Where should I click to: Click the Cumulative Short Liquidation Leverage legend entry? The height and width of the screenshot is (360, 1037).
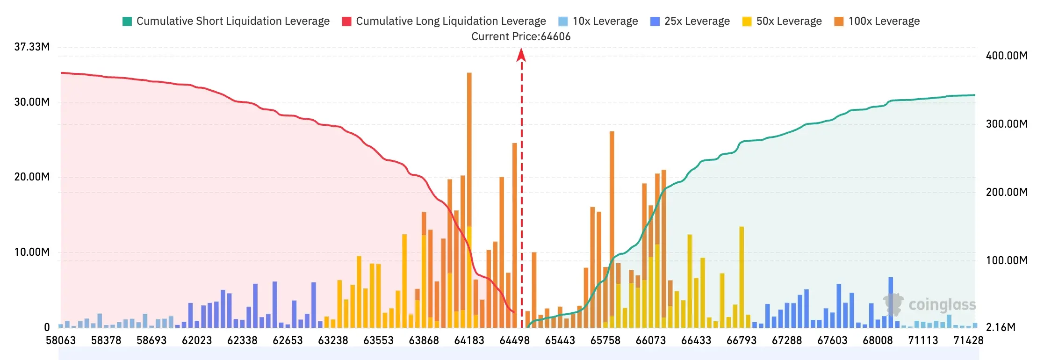(226, 21)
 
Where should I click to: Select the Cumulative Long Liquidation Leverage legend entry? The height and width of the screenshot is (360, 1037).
(444, 21)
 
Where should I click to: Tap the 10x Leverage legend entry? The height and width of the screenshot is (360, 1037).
(598, 21)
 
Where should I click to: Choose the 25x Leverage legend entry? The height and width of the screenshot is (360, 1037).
(690, 21)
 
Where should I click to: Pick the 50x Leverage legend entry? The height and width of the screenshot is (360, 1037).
(782, 21)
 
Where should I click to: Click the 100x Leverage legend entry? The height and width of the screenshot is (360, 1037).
(877, 21)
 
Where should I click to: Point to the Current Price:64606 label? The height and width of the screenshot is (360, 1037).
(521, 36)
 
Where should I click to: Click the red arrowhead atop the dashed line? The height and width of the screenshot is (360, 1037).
(521, 55)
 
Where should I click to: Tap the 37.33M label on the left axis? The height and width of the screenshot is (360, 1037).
(32, 47)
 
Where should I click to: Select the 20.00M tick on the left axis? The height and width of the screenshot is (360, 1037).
(32, 177)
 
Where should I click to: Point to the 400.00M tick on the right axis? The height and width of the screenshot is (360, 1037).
(1007, 56)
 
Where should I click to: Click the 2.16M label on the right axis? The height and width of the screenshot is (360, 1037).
(1001, 327)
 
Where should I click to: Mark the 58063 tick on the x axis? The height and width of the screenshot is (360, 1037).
(61, 340)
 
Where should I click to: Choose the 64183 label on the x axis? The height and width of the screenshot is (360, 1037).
(469, 340)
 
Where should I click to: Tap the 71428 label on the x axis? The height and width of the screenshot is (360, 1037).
(968, 340)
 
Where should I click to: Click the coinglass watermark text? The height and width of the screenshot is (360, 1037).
(942, 305)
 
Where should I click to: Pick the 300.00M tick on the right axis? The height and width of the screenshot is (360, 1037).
(1007, 124)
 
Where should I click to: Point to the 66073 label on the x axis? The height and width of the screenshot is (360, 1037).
(650, 340)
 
